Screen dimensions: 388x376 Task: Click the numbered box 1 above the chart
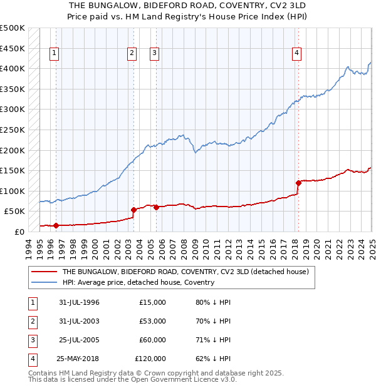point(55,54)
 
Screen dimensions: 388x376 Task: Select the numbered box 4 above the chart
point(296,54)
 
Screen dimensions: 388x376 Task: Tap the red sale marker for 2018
point(298,183)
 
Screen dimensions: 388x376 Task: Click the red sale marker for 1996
point(56,225)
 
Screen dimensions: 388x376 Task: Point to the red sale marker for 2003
point(134,210)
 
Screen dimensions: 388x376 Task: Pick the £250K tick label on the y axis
point(13,130)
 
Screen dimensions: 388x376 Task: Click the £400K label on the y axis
point(13,68)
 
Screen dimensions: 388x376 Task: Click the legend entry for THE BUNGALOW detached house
point(185,272)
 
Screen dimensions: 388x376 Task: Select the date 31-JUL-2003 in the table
point(79,321)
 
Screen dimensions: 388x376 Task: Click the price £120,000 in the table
point(150,359)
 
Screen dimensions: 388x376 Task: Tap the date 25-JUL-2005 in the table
point(79,340)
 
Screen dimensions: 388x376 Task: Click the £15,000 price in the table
point(152,302)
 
